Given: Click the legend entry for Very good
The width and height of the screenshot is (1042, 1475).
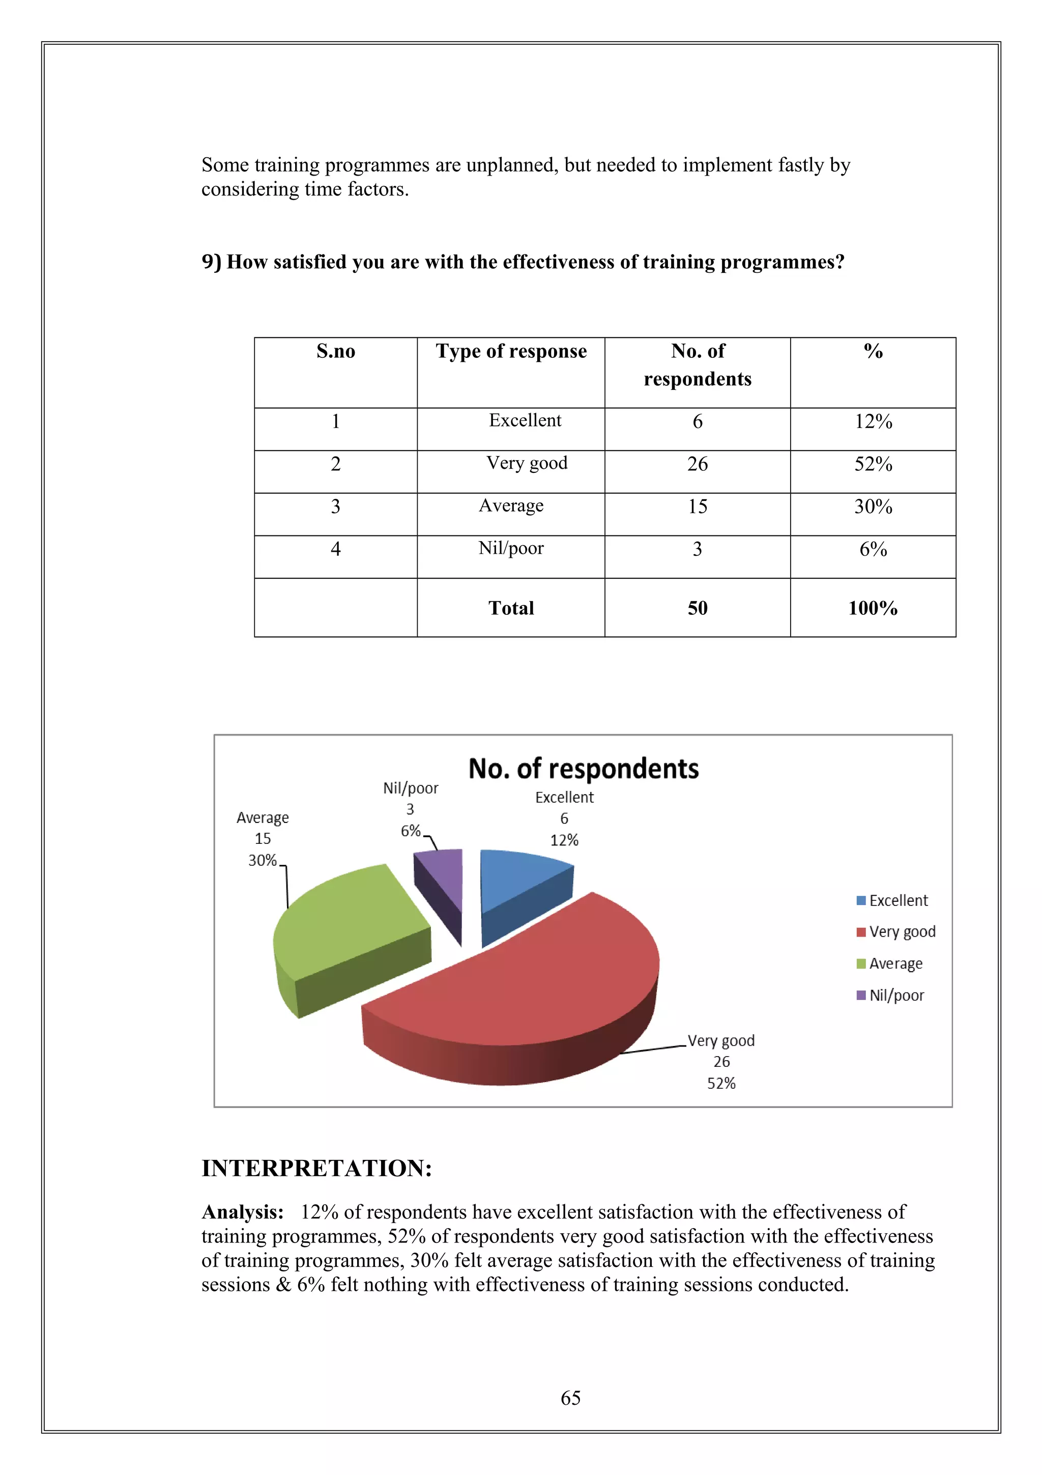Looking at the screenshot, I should click(x=896, y=931).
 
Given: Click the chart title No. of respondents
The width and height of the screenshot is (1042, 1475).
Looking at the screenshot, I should click(x=583, y=769).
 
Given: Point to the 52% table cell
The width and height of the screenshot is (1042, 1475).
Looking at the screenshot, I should click(x=873, y=464).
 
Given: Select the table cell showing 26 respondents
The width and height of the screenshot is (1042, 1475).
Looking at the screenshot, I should click(x=697, y=464).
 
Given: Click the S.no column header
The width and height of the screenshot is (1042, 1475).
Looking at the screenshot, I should click(x=335, y=351).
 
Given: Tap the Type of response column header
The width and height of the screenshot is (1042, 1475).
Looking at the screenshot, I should click(x=511, y=351).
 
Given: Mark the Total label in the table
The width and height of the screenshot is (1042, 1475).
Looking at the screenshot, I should click(x=511, y=608).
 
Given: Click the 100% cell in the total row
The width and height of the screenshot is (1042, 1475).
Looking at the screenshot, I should click(x=873, y=608).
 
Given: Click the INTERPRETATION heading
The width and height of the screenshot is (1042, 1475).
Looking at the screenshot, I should click(x=316, y=1168).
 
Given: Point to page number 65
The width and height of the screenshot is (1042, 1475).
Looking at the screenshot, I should click(x=570, y=1398).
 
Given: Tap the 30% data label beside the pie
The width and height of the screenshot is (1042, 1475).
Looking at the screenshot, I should click(x=262, y=860).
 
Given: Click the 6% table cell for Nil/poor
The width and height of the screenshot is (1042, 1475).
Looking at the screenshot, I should click(x=873, y=549).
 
